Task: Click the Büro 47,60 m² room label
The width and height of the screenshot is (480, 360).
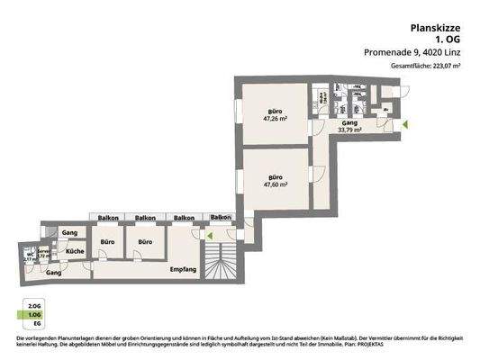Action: coord(274,180)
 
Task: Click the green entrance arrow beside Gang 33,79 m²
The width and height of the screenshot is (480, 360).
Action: coord(404,123)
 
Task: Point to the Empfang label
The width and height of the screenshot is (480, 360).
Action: coord(184,268)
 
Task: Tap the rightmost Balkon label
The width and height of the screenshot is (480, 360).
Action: coord(220,218)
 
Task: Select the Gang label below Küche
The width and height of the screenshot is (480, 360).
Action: coord(53,271)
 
